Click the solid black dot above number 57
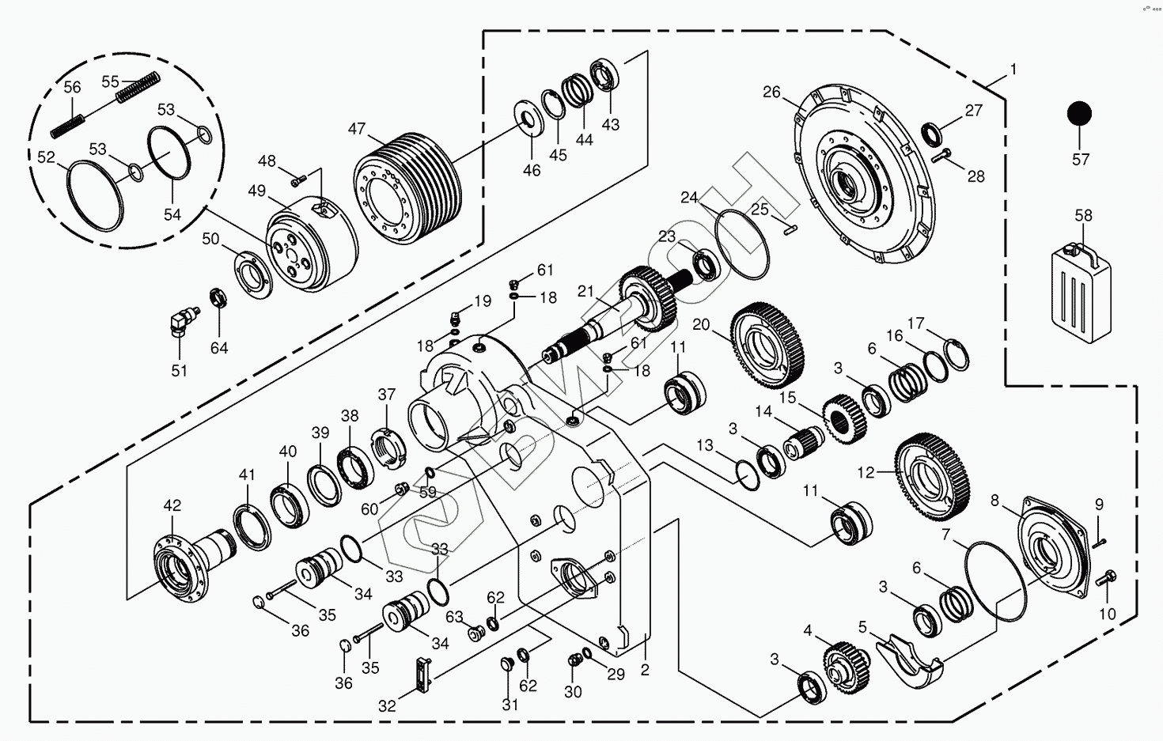click(x=1079, y=114)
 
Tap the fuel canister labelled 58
click(x=1081, y=293)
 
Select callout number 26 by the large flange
click(x=771, y=93)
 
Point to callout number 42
click(x=172, y=505)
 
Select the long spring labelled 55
click(x=139, y=87)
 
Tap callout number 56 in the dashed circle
click(x=72, y=87)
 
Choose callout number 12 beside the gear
click(x=866, y=473)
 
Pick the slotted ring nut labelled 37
click(x=389, y=447)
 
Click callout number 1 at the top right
click(x=1013, y=70)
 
